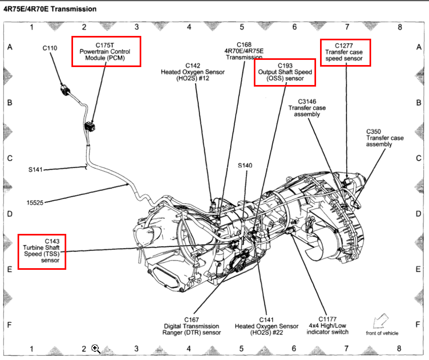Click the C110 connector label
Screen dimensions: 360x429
pyautogui.click(x=50, y=48)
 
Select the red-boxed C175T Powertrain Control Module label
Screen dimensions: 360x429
pyautogui.click(x=106, y=51)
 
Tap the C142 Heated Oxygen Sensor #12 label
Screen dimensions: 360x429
pyautogui.click(x=192, y=72)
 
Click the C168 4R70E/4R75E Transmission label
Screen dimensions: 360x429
pyautogui.click(x=243, y=51)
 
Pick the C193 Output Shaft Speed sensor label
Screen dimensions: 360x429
pyautogui.click(x=285, y=72)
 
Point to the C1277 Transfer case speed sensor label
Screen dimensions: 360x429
pyautogui.click(x=346, y=52)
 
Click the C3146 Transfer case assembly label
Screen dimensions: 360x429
pyautogui.click(x=307, y=108)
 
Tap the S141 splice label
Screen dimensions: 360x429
pyautogui.click(x=36, y=170)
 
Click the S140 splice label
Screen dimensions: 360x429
pyautogui.click(x=245, y=165)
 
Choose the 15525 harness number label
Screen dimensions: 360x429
pyautogui.click(x=35, y=202)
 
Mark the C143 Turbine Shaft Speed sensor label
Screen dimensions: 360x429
pyautogui.click(x=42, y=251)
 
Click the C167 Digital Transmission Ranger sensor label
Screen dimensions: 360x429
pyautogui.click(x=192, y=326)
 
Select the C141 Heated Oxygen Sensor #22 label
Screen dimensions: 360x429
pyautogui.click(x=266, y=326)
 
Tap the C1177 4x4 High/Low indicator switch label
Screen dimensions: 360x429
pyautogui.click(x=327, y=325)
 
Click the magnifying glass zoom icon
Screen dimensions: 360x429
pyautogui.click(x=96, y=349)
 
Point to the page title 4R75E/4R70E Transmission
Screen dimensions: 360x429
pyautogui.click(x=50, y=8)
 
